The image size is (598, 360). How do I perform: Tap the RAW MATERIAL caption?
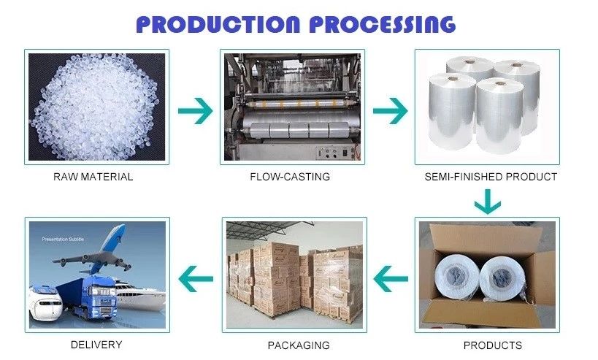(x=93, y=177)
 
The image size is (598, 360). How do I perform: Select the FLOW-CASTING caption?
(x=290, y=177)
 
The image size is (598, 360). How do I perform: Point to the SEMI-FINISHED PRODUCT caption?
(x=491, y=177)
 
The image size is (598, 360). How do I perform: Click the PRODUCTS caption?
(x=492, y=345)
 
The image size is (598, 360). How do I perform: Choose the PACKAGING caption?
(x=298, y=345)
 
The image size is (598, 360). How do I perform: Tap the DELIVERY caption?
(x=96, y=344)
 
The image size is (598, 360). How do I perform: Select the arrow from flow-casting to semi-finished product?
(x=390, y=111)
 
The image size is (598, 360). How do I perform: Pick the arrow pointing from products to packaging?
(x=390, y=276)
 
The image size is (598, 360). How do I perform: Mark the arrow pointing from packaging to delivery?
(x=196, y=276)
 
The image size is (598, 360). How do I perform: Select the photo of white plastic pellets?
(x=97, y=106)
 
